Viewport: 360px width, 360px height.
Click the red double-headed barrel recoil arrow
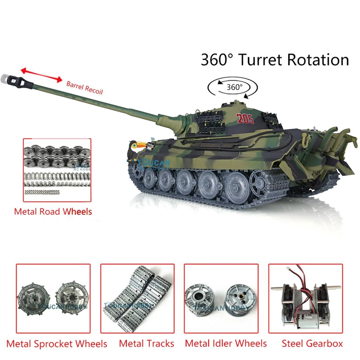41,74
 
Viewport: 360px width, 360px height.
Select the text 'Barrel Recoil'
84,87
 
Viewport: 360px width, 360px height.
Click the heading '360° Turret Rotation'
275,60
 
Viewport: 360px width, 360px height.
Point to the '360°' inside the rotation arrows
235,87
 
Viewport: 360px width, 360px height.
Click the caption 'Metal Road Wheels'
53,211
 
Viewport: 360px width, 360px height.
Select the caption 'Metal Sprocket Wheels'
57,343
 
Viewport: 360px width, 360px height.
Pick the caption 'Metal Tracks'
147,343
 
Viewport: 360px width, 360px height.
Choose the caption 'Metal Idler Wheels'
226,343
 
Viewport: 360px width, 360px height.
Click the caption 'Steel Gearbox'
312,343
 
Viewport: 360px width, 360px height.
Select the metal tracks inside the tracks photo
138,302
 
